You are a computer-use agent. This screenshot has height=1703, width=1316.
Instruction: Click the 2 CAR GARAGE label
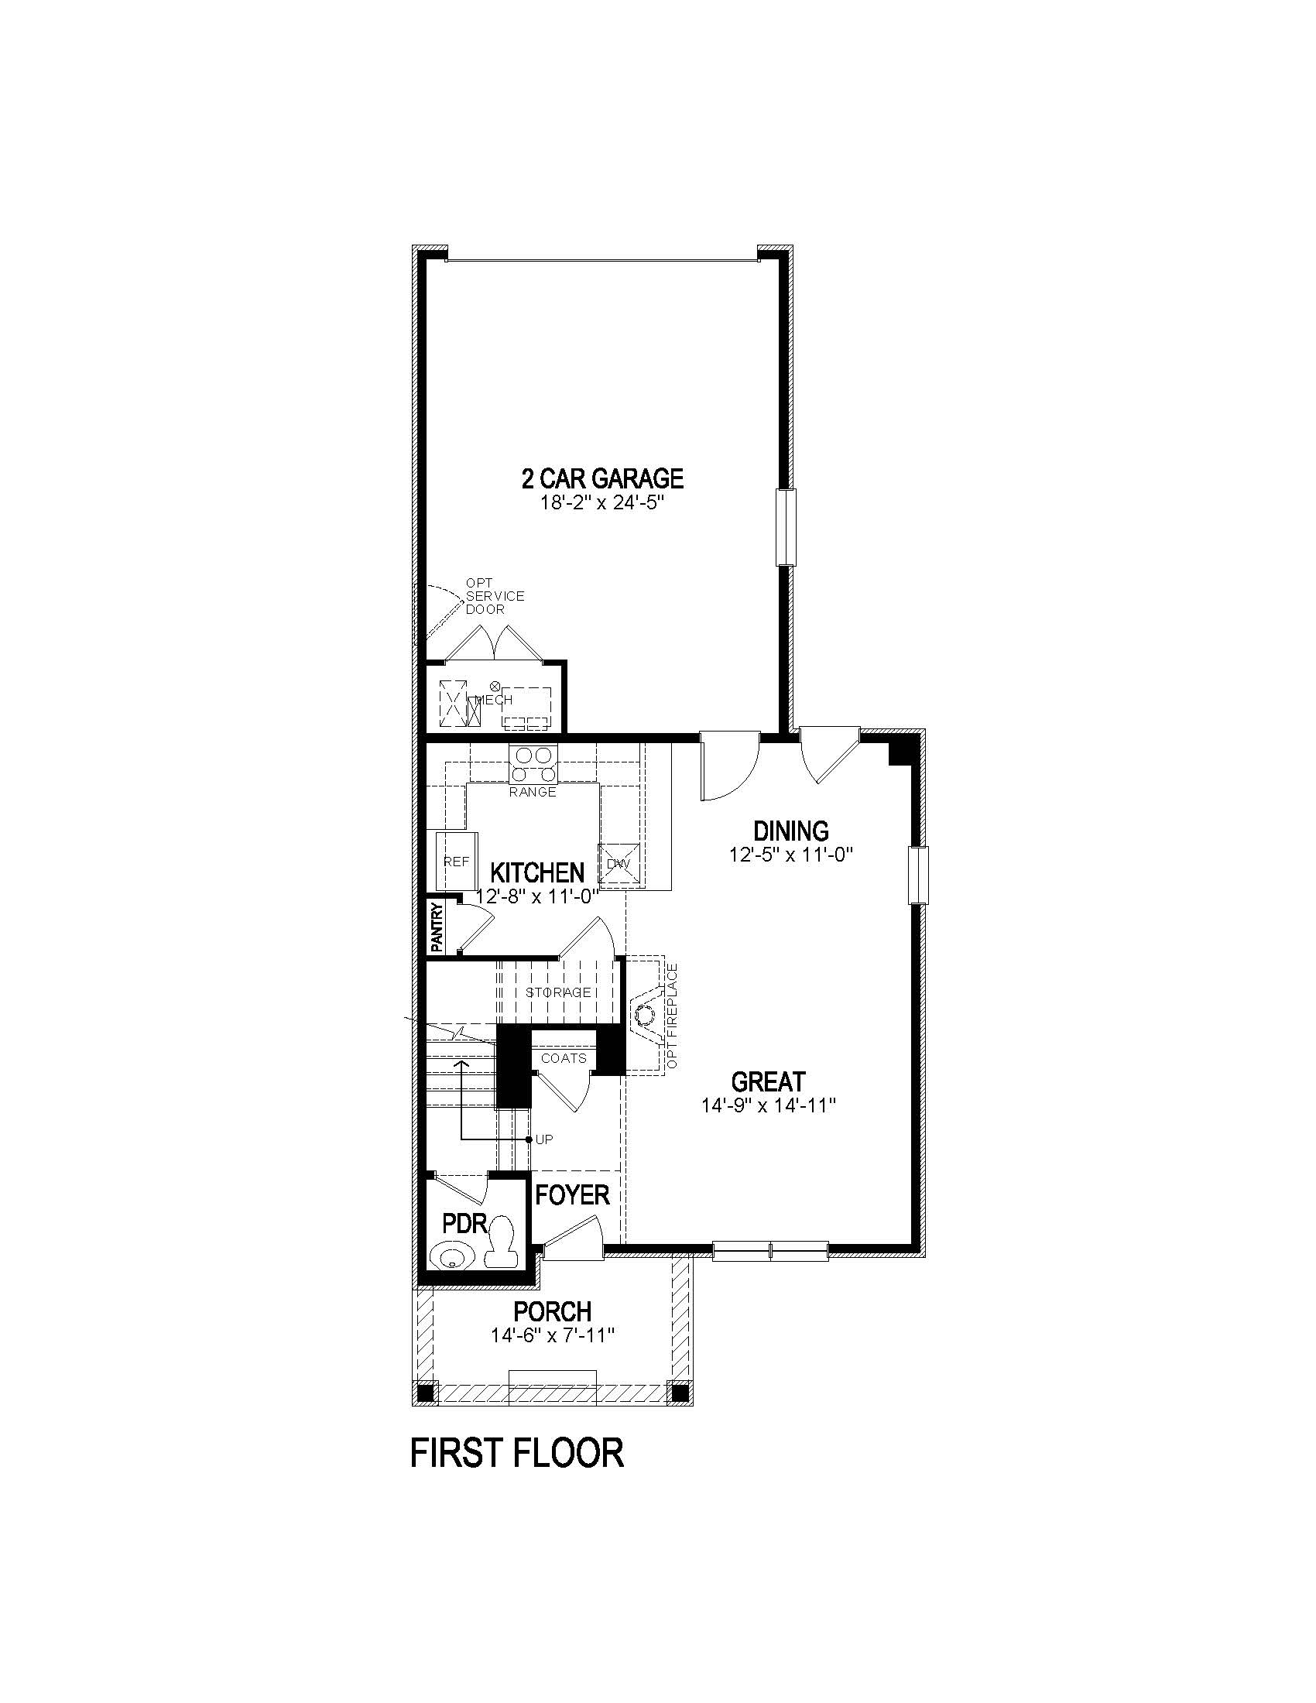click(x=601, y=477)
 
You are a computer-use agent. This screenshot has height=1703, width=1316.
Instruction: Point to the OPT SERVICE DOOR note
click(x=495, y=596)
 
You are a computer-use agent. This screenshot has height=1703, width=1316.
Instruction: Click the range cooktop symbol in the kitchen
click(x=533, y=764)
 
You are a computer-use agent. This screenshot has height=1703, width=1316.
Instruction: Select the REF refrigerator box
click(x=456, y=861)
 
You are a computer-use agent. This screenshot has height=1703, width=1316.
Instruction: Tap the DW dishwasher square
click(x=619, y=864)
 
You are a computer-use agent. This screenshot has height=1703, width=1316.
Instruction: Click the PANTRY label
click(x=437, y=927)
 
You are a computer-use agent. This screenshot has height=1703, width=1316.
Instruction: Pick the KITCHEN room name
click(x=537, y=872)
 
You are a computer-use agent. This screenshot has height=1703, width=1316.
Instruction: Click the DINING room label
click(x=790, y=831)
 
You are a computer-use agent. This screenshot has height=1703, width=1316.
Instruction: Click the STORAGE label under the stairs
click(x=557, y=992)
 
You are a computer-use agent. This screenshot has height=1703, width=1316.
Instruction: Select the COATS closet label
click(x=564, y=1058)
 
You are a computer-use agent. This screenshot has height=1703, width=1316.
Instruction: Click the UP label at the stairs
click(x=544, y=1139)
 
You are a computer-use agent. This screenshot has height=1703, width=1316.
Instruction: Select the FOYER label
click(x=571, y=1194)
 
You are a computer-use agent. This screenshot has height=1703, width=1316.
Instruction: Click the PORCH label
click(x=552, y=1311)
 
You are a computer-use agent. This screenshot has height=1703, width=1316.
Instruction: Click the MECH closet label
click(x=495, y=700)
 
